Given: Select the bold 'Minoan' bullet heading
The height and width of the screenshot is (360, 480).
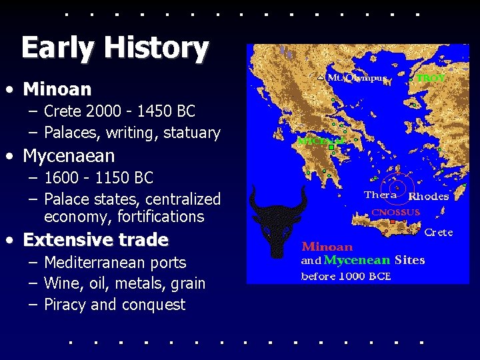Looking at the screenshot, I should [57, 89].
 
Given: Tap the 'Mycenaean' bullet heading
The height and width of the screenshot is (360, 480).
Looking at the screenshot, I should [69, 156].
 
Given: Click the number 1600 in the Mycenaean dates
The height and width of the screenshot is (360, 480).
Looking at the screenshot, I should [61, 178].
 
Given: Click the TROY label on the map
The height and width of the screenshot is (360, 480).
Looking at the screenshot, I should [431, 78].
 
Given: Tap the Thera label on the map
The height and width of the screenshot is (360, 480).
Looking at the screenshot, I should [381, 195].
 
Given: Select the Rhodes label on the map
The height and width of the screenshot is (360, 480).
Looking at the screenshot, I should [428, 197].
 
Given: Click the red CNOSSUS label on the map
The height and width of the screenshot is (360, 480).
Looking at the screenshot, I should [395, 213].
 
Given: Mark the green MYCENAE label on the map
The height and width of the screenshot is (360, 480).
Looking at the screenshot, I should [319, 141].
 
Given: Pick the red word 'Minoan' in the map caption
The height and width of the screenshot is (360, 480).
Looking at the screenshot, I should [327, 247].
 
